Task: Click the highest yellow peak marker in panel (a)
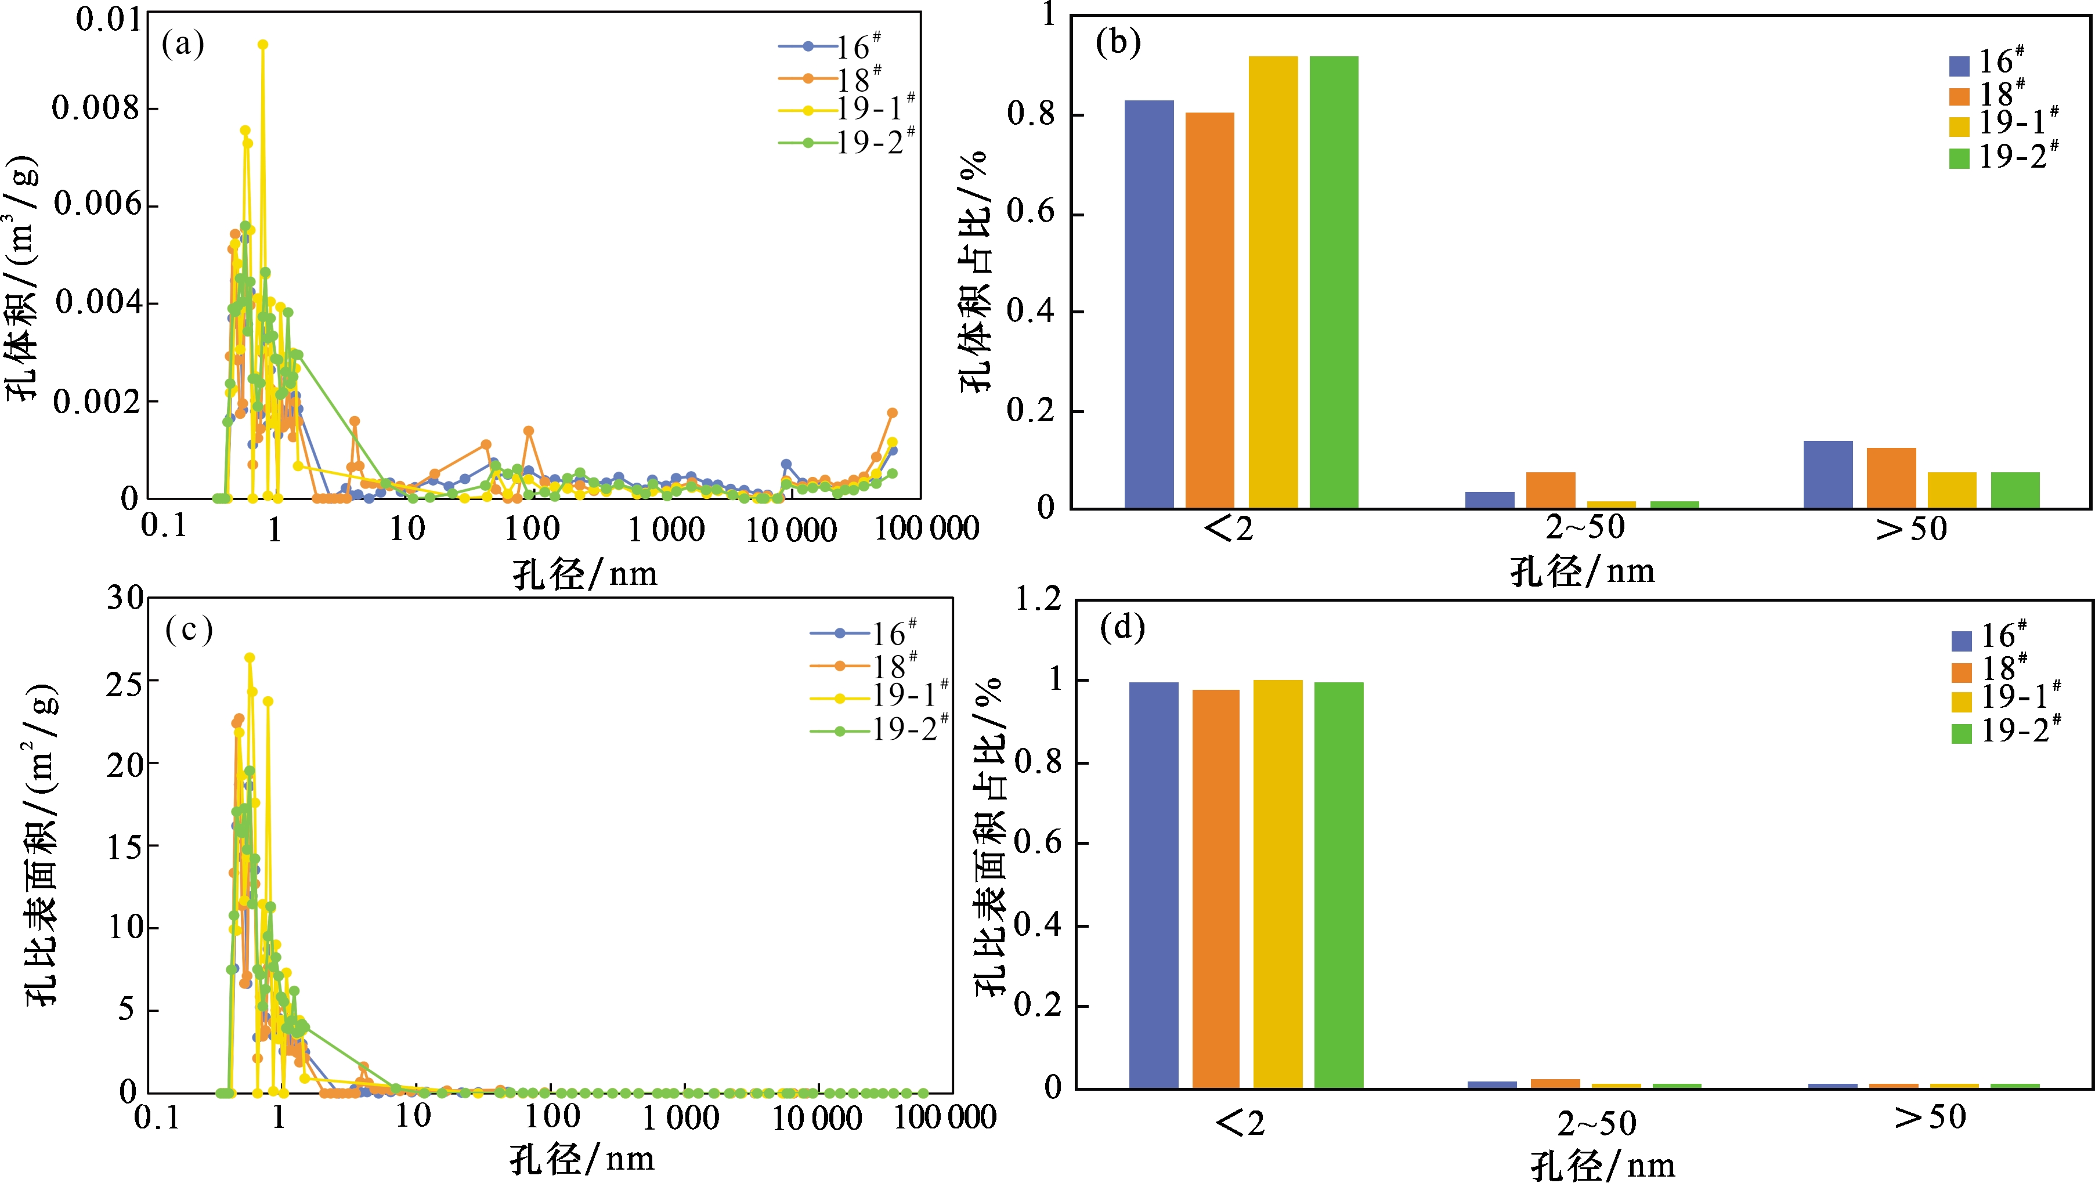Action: tap(263, 45)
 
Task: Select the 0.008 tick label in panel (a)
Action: tap(96, 108)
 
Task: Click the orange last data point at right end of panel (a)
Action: tap(892, 413)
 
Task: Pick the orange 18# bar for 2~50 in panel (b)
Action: tap(1550, 490)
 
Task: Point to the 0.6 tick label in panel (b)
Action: tap(1031, 213)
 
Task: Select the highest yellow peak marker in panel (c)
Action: tap(250, 658)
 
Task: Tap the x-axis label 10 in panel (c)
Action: tap(413, 1116)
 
